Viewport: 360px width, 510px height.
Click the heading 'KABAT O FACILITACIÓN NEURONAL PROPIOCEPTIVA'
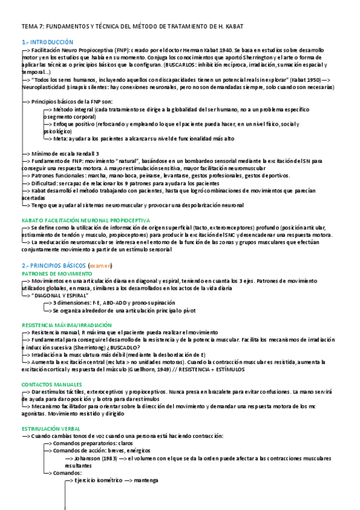[85, 220]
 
